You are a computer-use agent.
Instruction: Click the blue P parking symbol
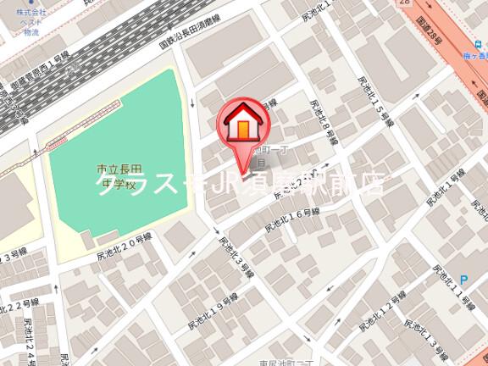(x=463, y=279)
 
